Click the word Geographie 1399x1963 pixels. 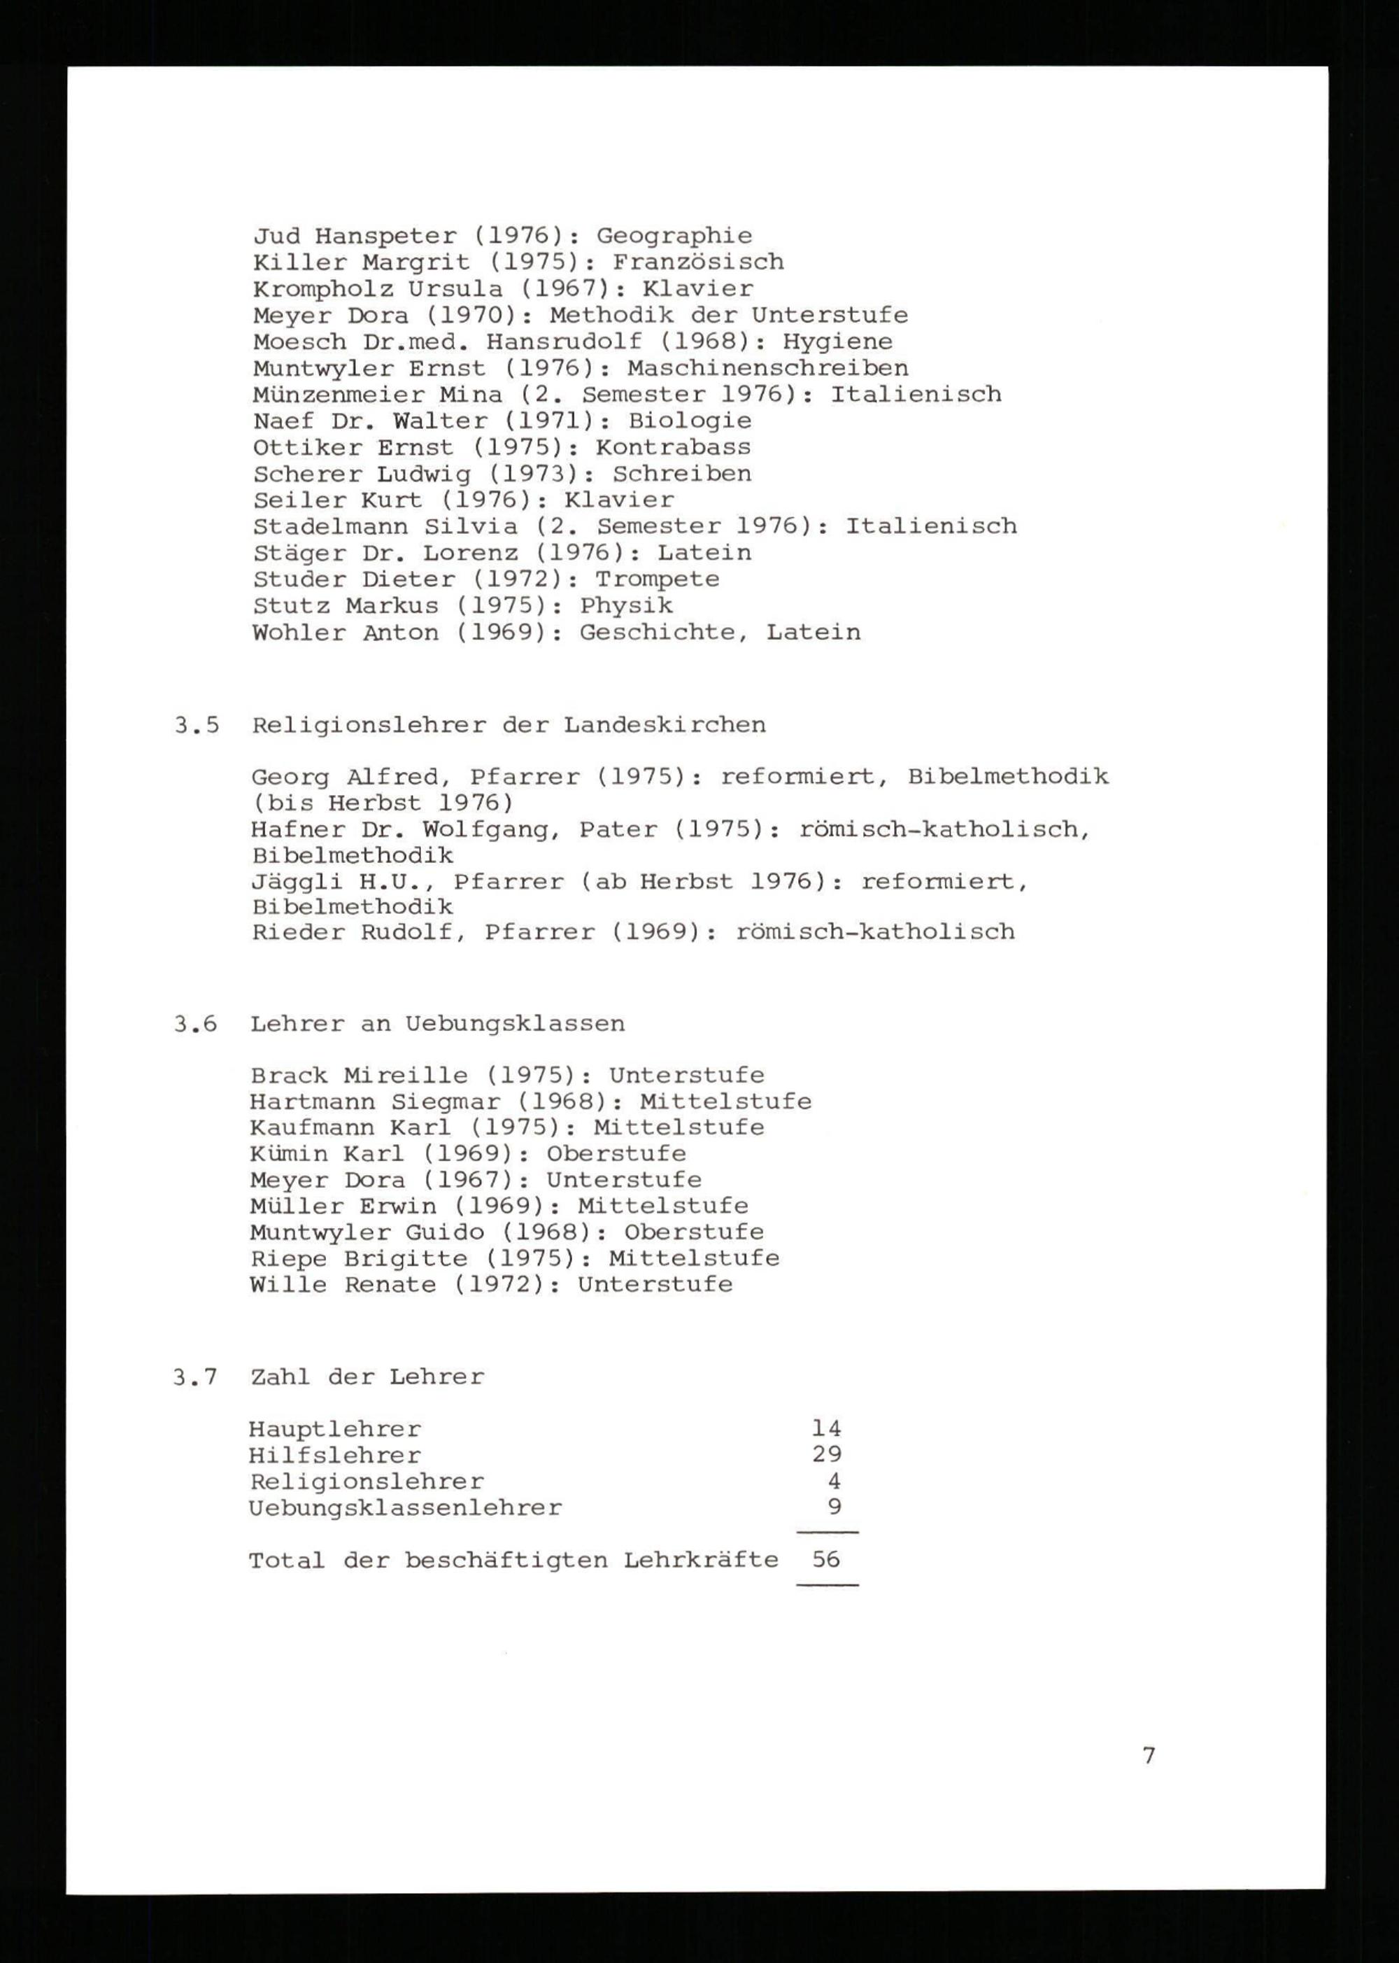pos(674,236)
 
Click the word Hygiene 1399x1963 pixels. pos(837,342)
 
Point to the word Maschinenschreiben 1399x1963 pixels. pos(767,369)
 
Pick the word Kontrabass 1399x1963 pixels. pos(673,447)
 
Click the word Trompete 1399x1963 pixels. pos(658,579)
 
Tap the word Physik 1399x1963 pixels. pos(626,606)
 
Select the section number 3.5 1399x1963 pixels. pos(197,726)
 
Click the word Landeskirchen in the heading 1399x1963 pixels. pos(665,726)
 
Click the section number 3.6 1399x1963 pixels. pos(196,1025)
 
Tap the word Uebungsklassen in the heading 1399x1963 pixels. pos(515,1025)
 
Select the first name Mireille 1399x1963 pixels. pos(406,1076)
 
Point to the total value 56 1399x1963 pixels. pos(826,1560)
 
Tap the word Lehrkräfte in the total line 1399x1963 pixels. pos(701,1561)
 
